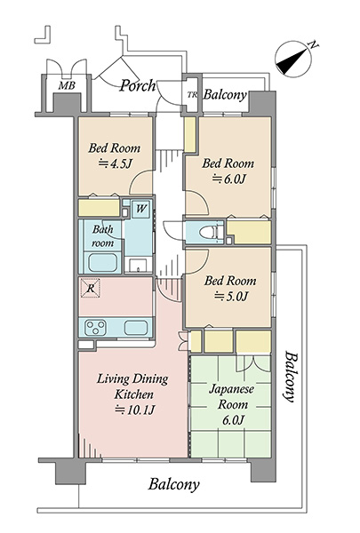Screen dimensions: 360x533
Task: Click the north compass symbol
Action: coord(293,59)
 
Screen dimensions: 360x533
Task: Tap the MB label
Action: coord(67,85)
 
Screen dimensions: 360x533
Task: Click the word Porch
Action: coord(138,85)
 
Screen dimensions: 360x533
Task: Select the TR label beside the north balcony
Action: coord(192,95)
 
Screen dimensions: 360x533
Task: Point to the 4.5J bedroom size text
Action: coord(115,164)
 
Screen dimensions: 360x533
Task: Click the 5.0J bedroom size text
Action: coord(230,297)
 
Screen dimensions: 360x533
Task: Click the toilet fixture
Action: coord(207,233)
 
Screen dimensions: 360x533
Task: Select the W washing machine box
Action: coord(140,209)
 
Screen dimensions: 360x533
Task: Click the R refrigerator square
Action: coord(90,288)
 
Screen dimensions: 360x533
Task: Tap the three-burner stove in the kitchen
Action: coord(96,328)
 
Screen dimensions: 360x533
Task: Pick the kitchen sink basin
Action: coord(136,328)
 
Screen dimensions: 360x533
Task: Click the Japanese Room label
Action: coord(231,397)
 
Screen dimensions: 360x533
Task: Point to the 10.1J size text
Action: coord(135,410)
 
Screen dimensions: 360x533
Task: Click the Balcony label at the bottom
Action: coord(173,484)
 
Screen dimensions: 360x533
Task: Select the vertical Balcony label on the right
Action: coord(291,377)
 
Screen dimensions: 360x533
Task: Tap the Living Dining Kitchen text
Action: coord(132,386)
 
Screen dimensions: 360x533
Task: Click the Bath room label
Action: coord(103,236)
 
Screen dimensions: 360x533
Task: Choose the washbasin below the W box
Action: coord(138,265)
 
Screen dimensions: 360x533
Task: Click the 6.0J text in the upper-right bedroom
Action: coord(228,179)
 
